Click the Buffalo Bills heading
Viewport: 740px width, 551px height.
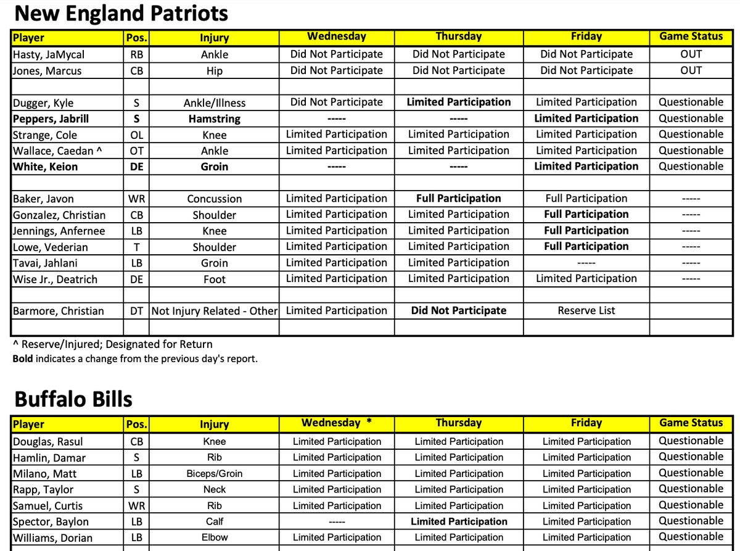pyautogui.click(x=73, y=399)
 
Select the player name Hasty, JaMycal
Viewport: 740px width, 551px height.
pyautogui.click(x=49, y=54)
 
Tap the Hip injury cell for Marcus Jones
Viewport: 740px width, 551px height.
pyautogui.click(x=214, y=70)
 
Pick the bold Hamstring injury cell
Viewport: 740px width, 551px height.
pyautogui.click(x=214, y=118)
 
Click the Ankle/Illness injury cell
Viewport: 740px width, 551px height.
pyautogui.click(x=214, y=102)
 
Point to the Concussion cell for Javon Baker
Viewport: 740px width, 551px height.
pyautogui.click(x=214, y=199)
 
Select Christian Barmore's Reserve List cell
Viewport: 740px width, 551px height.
pyautogui.click(x=586, y=311)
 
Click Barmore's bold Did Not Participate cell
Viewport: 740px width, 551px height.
pyautogui.click(x=458, y=311)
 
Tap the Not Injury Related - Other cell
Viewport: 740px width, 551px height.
pyautogui.click(x=215, y=311)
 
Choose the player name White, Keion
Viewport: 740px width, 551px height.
pyautogui.click(x=45, y=167)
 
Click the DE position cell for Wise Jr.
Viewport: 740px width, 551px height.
pyautogui.click(x=137, y=279)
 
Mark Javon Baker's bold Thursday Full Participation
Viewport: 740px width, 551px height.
pyautogui.click(x=458, y=199)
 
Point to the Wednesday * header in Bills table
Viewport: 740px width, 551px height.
pyautogui.click(x=337, y=423)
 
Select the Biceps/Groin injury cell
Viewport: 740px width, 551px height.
pyautogui.click(x=214, y=474)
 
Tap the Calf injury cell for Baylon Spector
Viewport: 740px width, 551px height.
pyautogui.click(x=214, y=521)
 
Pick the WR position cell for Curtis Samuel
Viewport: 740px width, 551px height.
pyautogui.click(x=137, y=505)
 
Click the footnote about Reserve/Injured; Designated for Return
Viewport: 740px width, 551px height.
pyautogui.click(x=113, y=344)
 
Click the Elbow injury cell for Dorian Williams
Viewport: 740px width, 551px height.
pyautogui.click(x=214, y=537)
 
